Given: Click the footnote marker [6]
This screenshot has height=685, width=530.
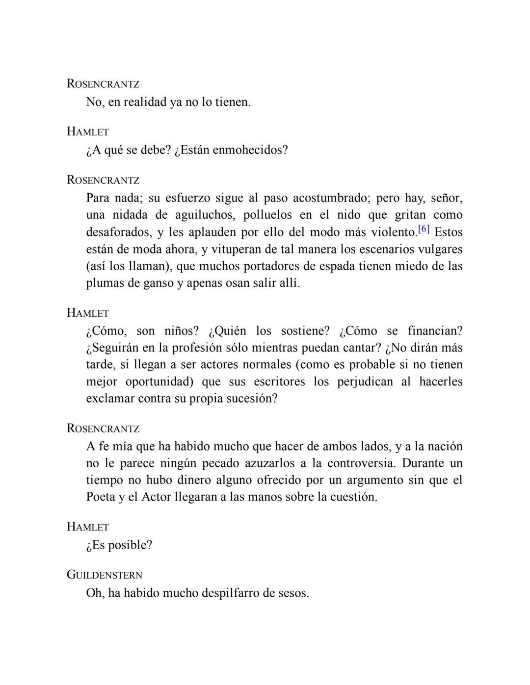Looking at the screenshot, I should (424, 229).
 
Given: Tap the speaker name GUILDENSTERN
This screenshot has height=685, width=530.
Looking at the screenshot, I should (105, 575).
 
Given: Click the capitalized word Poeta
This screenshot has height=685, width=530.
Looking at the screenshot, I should (101, 497).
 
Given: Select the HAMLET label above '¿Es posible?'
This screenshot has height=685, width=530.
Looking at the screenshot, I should (88, 527).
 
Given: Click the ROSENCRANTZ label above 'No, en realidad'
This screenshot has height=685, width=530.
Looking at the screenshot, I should (103, 84).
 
